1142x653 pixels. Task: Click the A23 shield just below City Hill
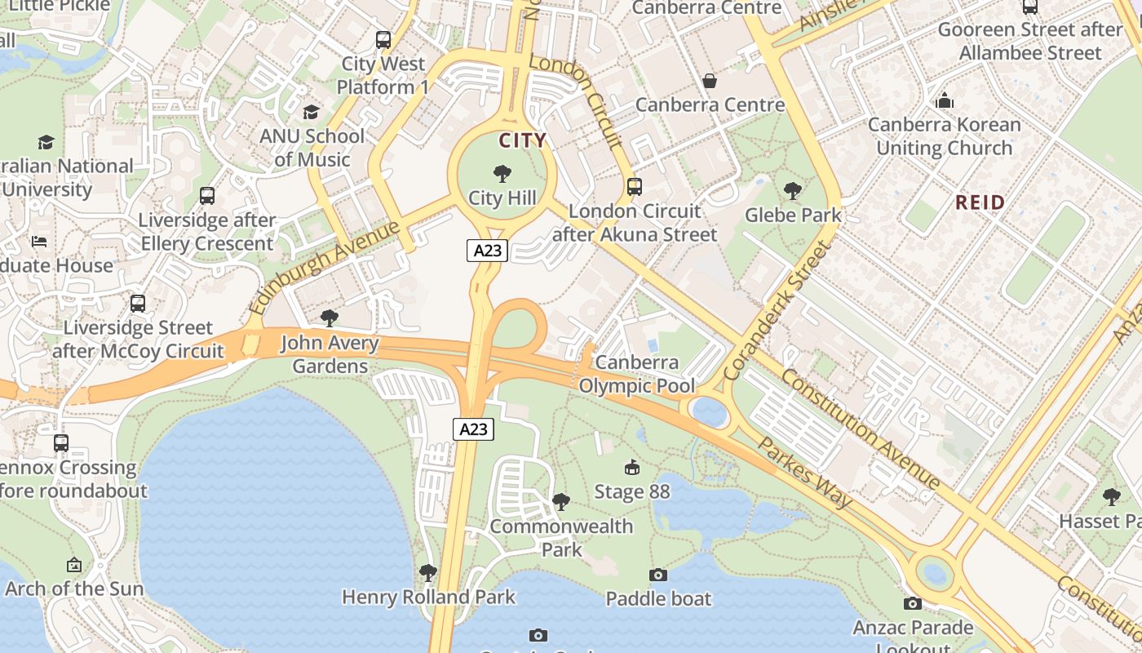click(x=487, y=251)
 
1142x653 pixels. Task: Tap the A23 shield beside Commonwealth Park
click(x=473, y=429)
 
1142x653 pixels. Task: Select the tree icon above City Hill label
click(x=502, y=173)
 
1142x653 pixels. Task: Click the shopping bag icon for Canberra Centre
click(x=710, y=81)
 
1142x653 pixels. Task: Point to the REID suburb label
click(x=980, y=202)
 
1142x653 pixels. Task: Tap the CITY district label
click(x=522, y=140)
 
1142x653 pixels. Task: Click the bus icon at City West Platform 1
click(x=383, y=39)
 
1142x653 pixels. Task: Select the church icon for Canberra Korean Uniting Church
click(x=945, y=100)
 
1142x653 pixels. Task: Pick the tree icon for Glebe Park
click(x=792, y=191)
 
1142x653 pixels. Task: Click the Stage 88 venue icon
click(x=631, y=467)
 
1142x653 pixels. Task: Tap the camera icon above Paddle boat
click(x=658, y=575)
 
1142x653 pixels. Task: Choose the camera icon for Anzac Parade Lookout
click(x=913, y=603)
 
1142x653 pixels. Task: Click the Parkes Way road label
click(x=805, y=473)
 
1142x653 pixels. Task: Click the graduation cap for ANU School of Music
click(x=311, y=112)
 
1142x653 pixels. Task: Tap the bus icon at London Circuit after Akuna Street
click(x=635, y=186)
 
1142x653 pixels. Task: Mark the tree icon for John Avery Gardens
click(x=330, y=318)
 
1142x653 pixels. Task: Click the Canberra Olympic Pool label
click(x=636, y=374)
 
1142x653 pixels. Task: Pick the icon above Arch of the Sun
click(x=74, y=564)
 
